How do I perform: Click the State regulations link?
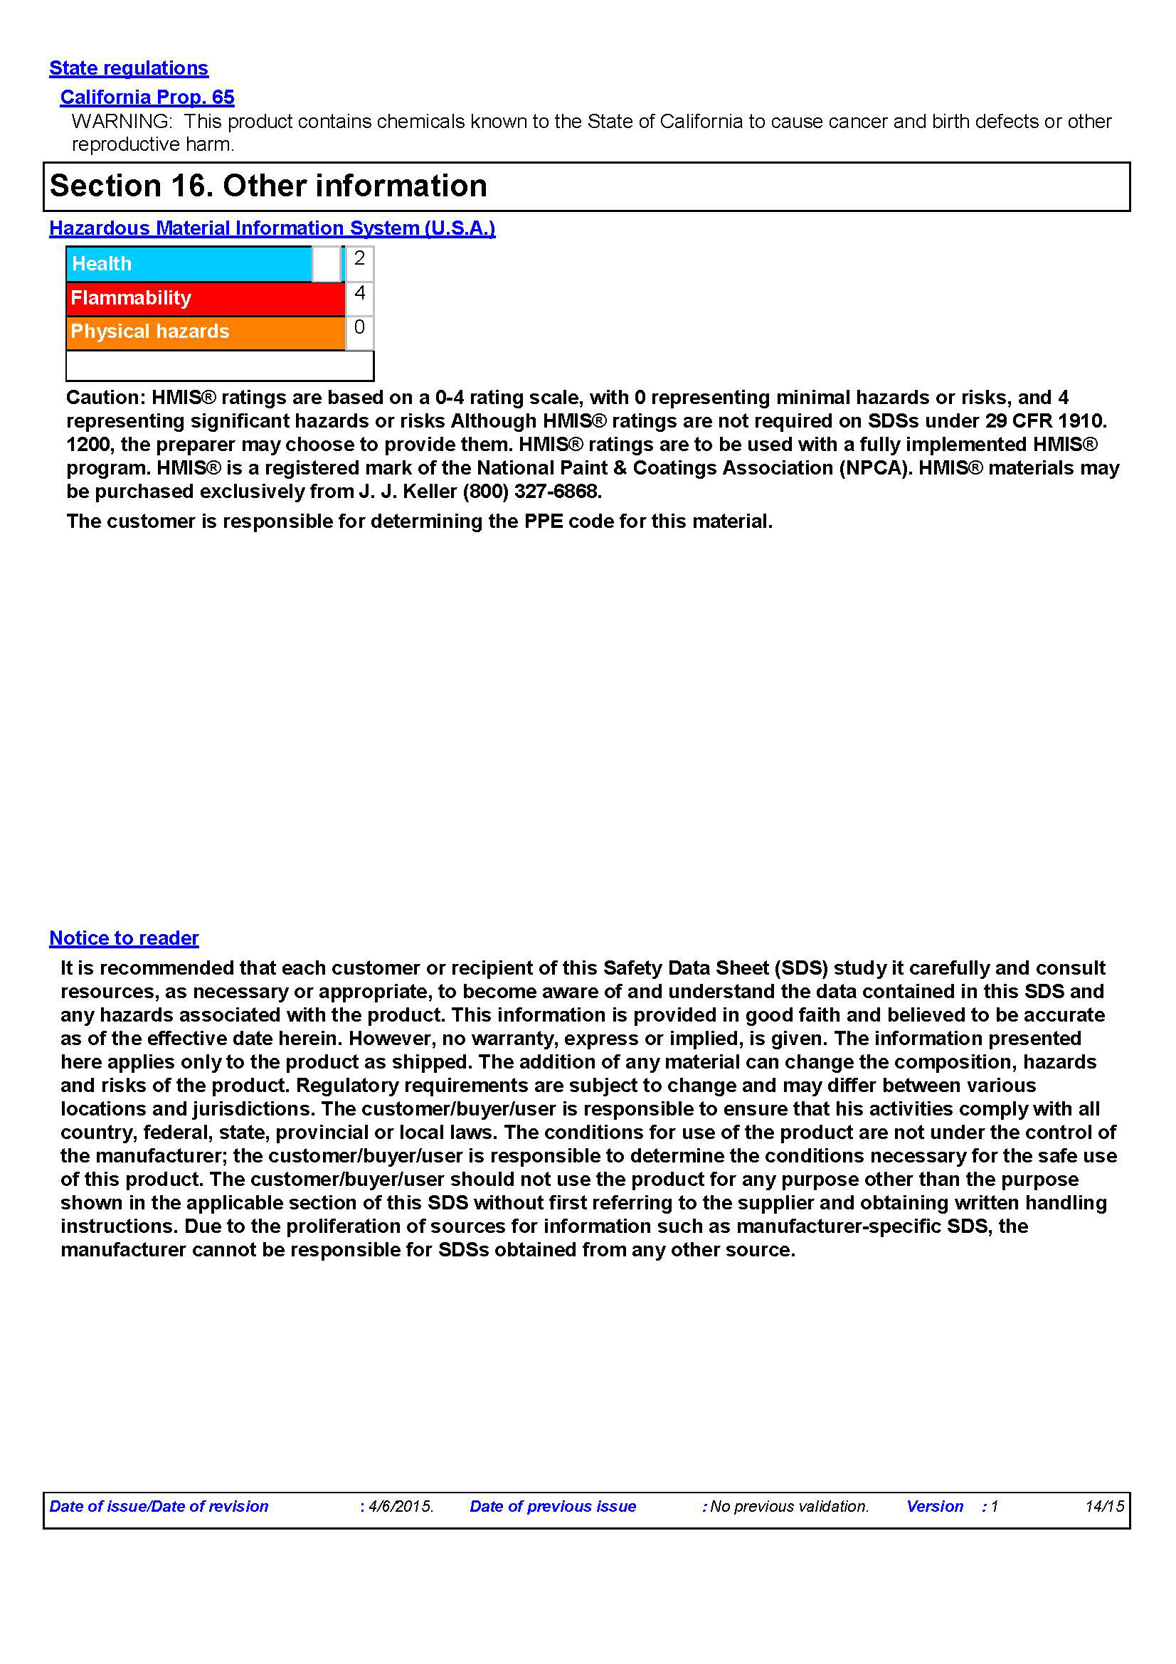click(128, 68)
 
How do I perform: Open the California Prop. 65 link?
click(147, 97)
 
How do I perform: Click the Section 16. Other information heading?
click(268, 186)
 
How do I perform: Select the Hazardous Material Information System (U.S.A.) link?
click(272, 228)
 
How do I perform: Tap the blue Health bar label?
click(102, 264)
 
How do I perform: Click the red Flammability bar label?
click(131, 298)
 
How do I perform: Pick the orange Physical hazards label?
click(150, 332)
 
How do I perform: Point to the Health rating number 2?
click(359, 259)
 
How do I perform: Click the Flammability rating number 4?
click(359, 293)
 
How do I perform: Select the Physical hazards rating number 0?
click(359, 327)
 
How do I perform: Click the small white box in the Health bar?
click(326, 264)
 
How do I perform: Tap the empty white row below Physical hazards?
click(220, 365)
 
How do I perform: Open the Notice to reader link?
click(124, 938)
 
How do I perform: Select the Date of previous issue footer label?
click(552, 1506)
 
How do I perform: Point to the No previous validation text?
click(789, 1506)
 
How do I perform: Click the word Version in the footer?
click(934, 1506)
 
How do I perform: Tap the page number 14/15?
click(1103, 1506)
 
